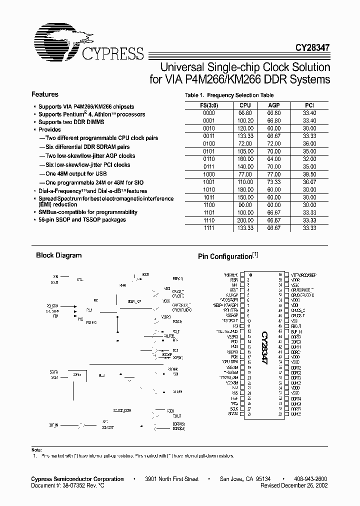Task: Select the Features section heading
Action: pos(45,94)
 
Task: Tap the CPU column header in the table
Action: pos(245,105)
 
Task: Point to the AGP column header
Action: pos(273,105)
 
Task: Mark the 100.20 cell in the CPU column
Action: pos(245,120)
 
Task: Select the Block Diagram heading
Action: pos(58,255)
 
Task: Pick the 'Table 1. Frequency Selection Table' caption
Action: pos(229,95)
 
